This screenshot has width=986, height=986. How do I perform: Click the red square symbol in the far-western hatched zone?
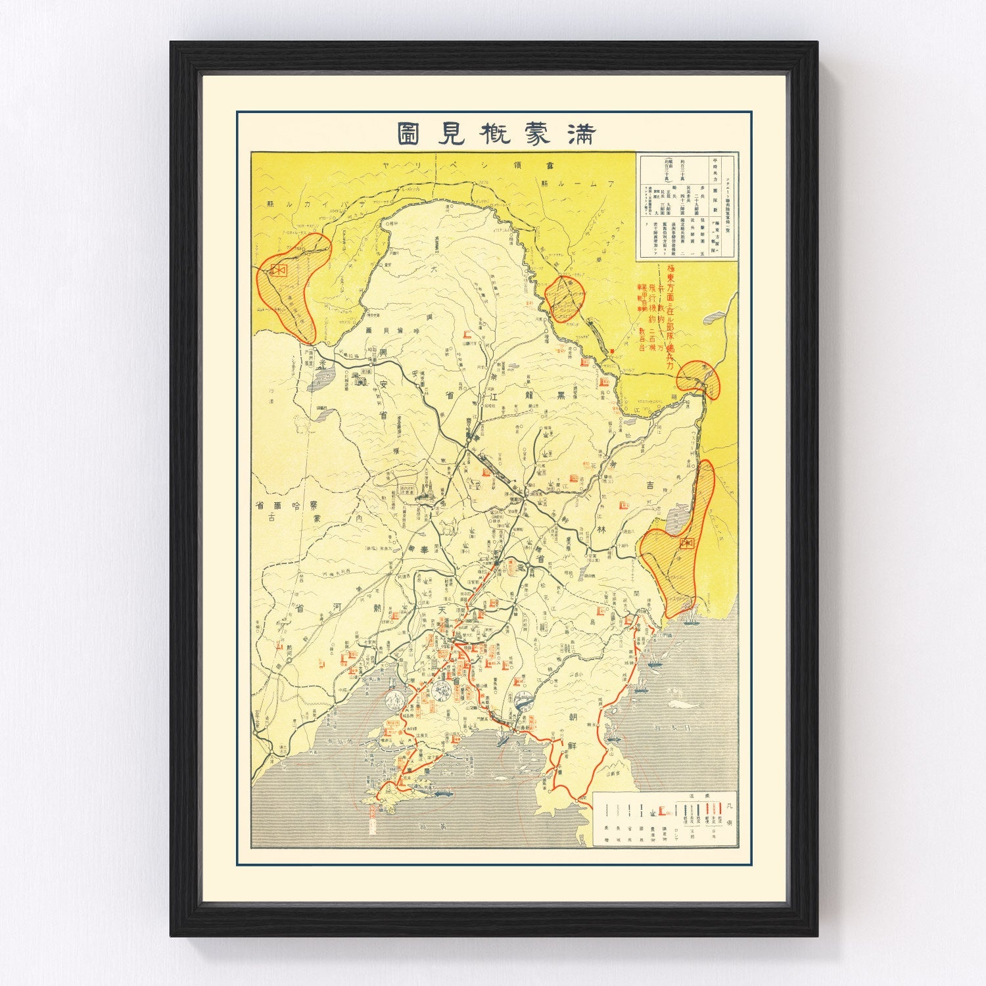pos(279,270)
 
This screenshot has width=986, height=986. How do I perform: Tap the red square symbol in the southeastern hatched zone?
pos(688,543)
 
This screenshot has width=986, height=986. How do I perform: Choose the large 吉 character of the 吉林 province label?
pos(649,485)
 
